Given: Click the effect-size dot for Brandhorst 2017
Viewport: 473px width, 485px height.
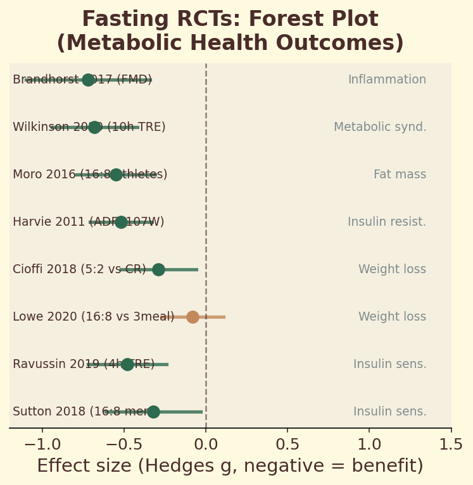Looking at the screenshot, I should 88,80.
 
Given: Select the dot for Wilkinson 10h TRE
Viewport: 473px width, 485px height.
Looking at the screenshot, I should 94,127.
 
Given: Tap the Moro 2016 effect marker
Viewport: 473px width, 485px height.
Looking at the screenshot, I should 116,175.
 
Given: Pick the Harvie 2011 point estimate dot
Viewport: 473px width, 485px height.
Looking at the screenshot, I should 121,222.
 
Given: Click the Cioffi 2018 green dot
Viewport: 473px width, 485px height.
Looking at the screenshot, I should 158,269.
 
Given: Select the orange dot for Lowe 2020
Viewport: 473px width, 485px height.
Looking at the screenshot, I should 192,317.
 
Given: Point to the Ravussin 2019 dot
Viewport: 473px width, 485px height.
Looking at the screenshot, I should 127,364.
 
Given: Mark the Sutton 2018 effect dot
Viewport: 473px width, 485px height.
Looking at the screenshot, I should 153,412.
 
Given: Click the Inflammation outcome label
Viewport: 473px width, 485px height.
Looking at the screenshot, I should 387,80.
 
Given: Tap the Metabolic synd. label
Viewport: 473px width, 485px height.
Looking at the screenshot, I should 380,127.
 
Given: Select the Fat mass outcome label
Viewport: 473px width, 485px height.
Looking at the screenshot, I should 400,175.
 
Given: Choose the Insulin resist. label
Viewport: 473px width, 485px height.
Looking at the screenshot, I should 387,222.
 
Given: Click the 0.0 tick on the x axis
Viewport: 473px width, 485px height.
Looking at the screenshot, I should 206,445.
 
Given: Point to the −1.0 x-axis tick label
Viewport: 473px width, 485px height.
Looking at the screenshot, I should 42,445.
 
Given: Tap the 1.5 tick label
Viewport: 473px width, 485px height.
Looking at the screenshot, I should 451,445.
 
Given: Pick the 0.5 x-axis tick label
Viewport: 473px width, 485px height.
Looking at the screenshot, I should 287,445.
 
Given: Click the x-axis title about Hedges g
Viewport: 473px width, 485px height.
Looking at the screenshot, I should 230,466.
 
